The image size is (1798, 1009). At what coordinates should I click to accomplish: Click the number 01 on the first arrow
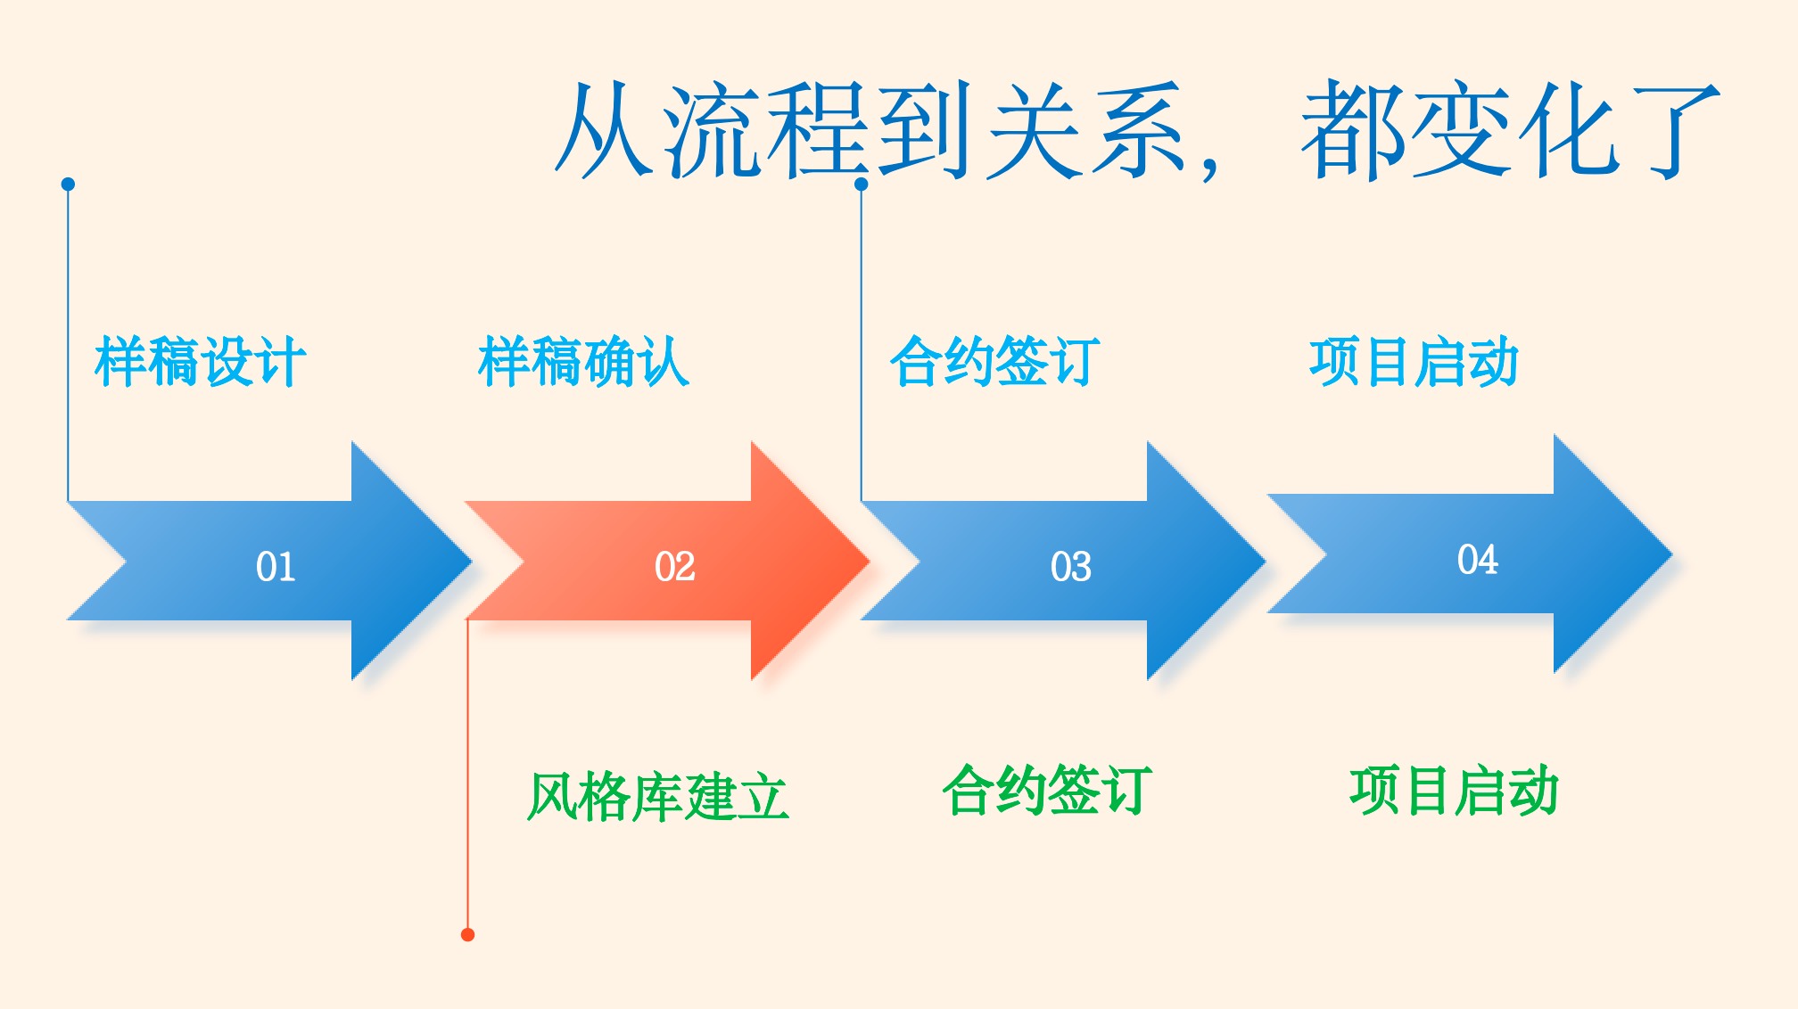coord(275,566)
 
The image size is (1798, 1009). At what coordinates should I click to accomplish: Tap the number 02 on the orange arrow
coord(674,566)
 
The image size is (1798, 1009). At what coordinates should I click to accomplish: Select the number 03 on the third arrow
coord(1070,566)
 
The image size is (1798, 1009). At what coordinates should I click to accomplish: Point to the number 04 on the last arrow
coord(1477,559)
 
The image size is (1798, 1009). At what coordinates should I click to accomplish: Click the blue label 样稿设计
coord(200,361)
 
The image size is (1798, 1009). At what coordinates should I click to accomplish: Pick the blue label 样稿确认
coord(583,361)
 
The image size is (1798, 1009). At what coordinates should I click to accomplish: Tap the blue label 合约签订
coord(994,361)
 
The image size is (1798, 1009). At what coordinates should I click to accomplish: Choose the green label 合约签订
coord(1047,790)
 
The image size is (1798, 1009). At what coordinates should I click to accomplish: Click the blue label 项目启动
coord(1414,361)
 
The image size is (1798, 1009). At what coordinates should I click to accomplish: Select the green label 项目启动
coord(1454,790)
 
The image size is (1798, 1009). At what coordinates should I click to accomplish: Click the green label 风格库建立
coord(657,796)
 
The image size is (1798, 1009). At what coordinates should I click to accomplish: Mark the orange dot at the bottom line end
coord(467,934)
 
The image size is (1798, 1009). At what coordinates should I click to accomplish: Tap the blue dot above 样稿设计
coord(68,184)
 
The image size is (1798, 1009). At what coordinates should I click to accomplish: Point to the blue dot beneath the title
coord(861,184)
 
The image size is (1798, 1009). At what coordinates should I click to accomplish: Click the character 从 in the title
coord(604,130)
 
